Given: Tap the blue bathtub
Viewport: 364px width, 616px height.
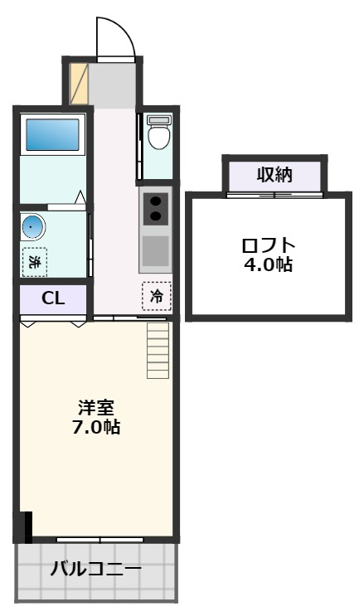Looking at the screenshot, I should click(52, 134).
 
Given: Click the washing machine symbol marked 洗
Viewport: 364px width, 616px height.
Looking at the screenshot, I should click(35, 262).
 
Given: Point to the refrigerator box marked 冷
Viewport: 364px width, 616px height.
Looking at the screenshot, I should click(156, 297).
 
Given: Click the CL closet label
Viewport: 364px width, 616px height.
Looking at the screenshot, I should click(53, 299).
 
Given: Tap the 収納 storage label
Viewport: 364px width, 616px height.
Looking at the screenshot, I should click(274, 175).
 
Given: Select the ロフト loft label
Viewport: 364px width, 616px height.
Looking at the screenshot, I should click(267, 246).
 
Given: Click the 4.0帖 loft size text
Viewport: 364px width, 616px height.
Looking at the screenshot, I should click(267, 265).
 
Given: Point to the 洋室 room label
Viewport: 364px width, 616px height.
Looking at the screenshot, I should click(96, 408).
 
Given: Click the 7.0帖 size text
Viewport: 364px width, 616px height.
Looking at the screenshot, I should click(96, 428).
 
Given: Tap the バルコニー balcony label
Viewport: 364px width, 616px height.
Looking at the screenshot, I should click(96, 570).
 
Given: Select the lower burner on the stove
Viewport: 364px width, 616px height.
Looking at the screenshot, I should click(155, 217).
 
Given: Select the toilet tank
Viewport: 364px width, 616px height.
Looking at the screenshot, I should click(158, 120).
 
